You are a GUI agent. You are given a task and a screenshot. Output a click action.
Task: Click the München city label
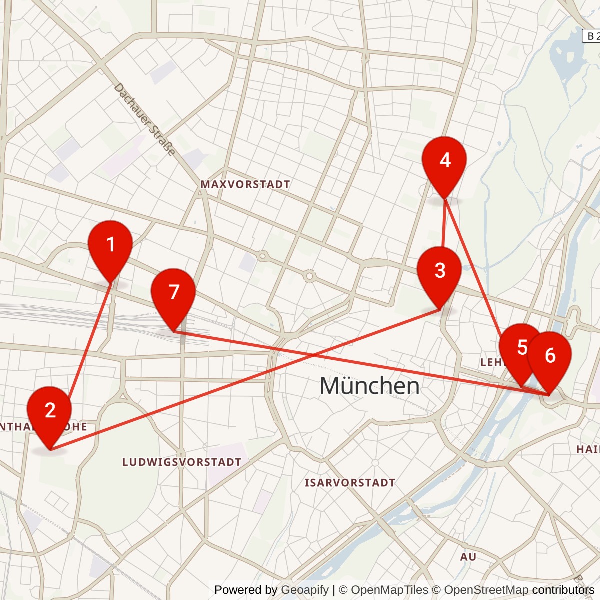tap(369, 386)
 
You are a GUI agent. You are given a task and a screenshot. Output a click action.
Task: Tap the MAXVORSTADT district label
tap(245, 184)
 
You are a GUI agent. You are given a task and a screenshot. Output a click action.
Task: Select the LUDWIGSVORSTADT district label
tap(182, 462)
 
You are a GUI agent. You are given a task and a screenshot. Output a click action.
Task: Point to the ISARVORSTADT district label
tap(350, 483)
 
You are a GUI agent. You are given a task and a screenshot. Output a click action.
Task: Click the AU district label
tap(468, 557)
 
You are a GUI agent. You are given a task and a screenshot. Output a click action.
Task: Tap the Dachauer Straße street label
tap(145, 120)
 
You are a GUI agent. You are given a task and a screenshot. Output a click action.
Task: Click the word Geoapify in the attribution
tap(305, 590)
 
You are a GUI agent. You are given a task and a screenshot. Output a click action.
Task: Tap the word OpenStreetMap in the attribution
tap(486, 590)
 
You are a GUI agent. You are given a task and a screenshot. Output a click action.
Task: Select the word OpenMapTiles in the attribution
tap(389, 590)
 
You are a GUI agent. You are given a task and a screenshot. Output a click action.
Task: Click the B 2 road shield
tap(592, 36)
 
